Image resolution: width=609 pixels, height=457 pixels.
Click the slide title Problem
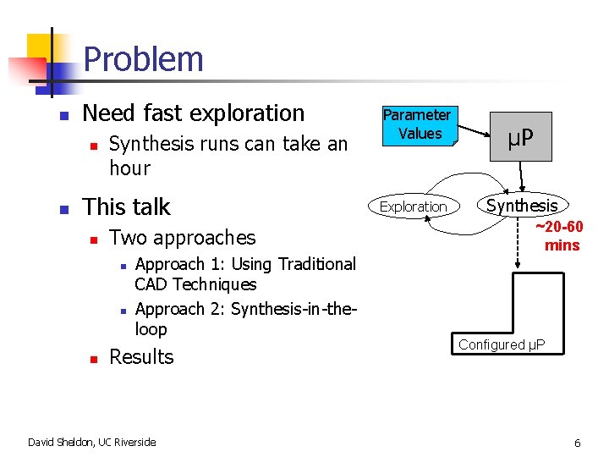click(144, 59)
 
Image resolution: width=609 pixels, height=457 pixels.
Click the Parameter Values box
click(417, 124)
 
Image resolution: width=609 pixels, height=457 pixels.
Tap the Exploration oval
click(413, 206)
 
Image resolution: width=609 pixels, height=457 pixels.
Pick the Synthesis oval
click(522, 206)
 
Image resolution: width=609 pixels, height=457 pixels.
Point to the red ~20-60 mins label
click(559, 236)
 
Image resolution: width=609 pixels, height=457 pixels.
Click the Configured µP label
click(502, 344)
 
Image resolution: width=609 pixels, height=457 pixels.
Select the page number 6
click(577, 443)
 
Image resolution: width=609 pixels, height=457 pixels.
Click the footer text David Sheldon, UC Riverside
click(91, 442)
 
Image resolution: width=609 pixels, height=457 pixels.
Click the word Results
click(141, 357)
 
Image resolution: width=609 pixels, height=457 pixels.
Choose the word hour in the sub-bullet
click(129, 168)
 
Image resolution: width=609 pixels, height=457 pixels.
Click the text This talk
click(126, 206)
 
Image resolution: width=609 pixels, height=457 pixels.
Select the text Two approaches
click(182, 238)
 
